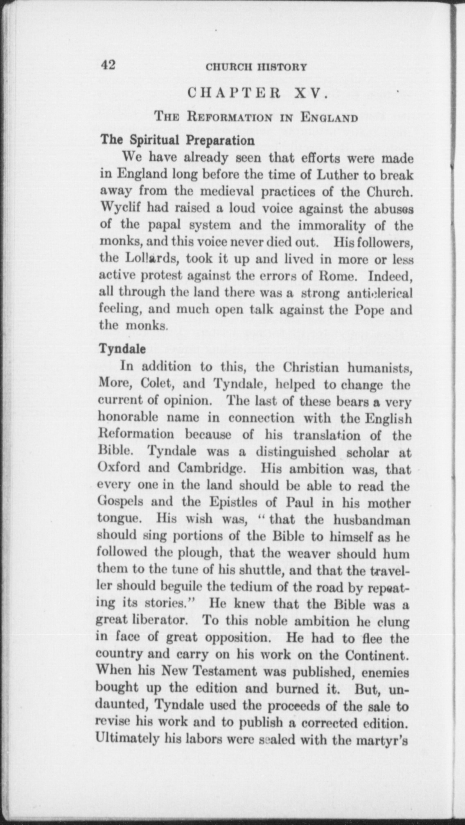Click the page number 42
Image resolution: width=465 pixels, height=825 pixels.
(x=108, y=65)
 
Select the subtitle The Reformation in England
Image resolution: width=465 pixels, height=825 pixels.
(x=256, y=118)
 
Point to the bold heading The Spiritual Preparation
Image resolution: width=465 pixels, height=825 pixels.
(x=177, y=140)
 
